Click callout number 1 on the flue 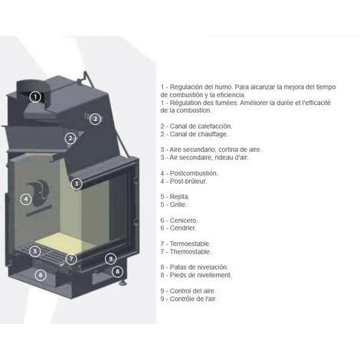coord(35,97)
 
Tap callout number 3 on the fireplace coord(77,184)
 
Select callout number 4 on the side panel coord(26,199)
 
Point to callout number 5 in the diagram coord(35,250)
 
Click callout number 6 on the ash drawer coord(40,274)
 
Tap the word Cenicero coord(185,221)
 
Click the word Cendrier coord(184,228)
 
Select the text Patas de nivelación coord(198,267)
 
